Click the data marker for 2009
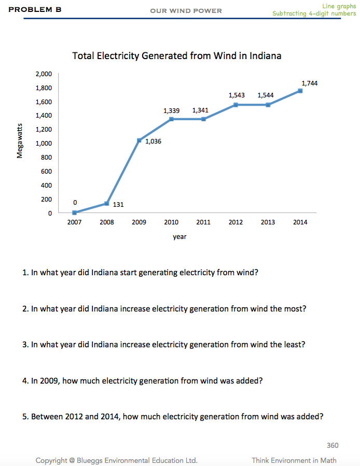pos(139,140)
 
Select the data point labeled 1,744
pos(300,91)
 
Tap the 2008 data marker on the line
pos(107,204)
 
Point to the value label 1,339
pos(171,110)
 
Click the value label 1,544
pos(266,96)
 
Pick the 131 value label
pos(118,204)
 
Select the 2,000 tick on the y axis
pos(44,74)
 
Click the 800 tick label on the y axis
pos(46,157)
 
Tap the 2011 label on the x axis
pos(203,222)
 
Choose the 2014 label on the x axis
pos(300,222)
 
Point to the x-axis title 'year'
pos(179,236)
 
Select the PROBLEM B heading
pos(35,9)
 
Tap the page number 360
pos(333,445)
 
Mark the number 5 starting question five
pos(24,416)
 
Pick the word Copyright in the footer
pos(51,460)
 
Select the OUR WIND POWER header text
pos(186,10)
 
